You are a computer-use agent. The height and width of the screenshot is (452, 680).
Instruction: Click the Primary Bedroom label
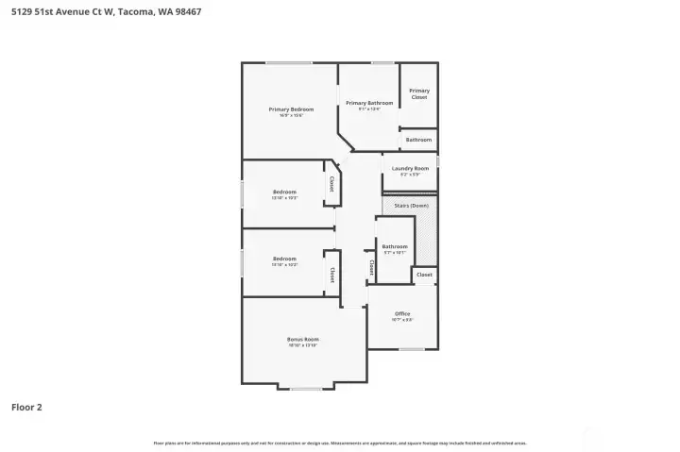coord(291,109)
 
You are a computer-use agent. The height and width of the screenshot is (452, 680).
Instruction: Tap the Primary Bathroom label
coord(368,103)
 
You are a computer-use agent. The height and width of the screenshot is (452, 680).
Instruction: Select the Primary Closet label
coord(419,93)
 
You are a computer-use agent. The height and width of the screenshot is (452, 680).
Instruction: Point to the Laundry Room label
coord(410,169)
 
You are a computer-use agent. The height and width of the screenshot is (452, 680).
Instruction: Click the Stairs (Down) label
coord(411,204)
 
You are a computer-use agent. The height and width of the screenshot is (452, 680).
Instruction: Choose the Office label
coord(402,314)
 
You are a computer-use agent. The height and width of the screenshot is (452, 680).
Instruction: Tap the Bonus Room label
coord(303,339)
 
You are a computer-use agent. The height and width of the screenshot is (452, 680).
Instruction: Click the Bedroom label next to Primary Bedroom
coord(284,193)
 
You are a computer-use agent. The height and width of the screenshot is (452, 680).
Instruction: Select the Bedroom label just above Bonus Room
coord(284,259)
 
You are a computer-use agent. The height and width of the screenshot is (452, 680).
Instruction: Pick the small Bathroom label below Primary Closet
coord(418,140)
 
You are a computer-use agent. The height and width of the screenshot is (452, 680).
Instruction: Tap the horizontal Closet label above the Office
coord(424,275)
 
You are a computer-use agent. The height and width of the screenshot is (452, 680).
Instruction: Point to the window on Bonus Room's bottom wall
coord(306,389)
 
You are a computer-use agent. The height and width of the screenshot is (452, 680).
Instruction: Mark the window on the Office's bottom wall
coord(411,349)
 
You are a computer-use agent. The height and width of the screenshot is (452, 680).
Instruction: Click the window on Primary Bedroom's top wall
coord(289,63)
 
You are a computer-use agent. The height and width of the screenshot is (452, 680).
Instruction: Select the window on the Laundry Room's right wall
coord(438,172)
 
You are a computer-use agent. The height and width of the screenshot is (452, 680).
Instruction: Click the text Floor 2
coord(26,408)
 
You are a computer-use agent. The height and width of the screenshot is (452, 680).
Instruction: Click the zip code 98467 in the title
coord(183,12)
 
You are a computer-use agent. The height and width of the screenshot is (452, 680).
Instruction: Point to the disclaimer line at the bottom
coord(340,443)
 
